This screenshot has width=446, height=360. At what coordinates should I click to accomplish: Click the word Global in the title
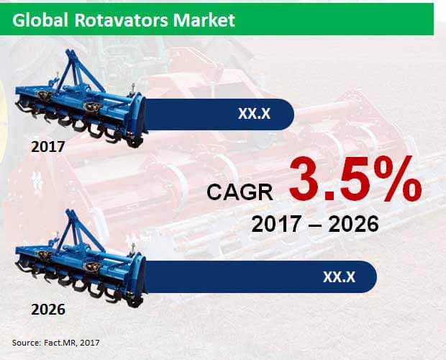[x=40, y=20]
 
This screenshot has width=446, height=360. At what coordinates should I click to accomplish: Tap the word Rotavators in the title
[x=122, y=20]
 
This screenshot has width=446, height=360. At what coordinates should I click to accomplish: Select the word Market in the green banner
[x=204, y=20]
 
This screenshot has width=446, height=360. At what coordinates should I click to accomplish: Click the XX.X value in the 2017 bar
[x=254, y=114]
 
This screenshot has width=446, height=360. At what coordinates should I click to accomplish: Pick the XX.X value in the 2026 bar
[x=339, y=276]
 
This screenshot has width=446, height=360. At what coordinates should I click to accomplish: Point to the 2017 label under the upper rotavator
[x=48, y=147]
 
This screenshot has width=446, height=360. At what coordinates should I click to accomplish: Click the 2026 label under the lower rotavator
[x=48, y=310]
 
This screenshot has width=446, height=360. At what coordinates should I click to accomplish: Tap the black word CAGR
[x=240, y=192]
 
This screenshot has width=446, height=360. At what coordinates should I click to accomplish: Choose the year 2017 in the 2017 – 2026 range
[x=276, y=224]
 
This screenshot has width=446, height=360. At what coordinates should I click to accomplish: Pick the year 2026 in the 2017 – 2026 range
[x=353, y=224]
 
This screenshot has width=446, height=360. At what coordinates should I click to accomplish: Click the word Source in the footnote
[x=27, y=342]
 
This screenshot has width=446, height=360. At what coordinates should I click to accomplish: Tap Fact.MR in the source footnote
[x=60, y=342]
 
